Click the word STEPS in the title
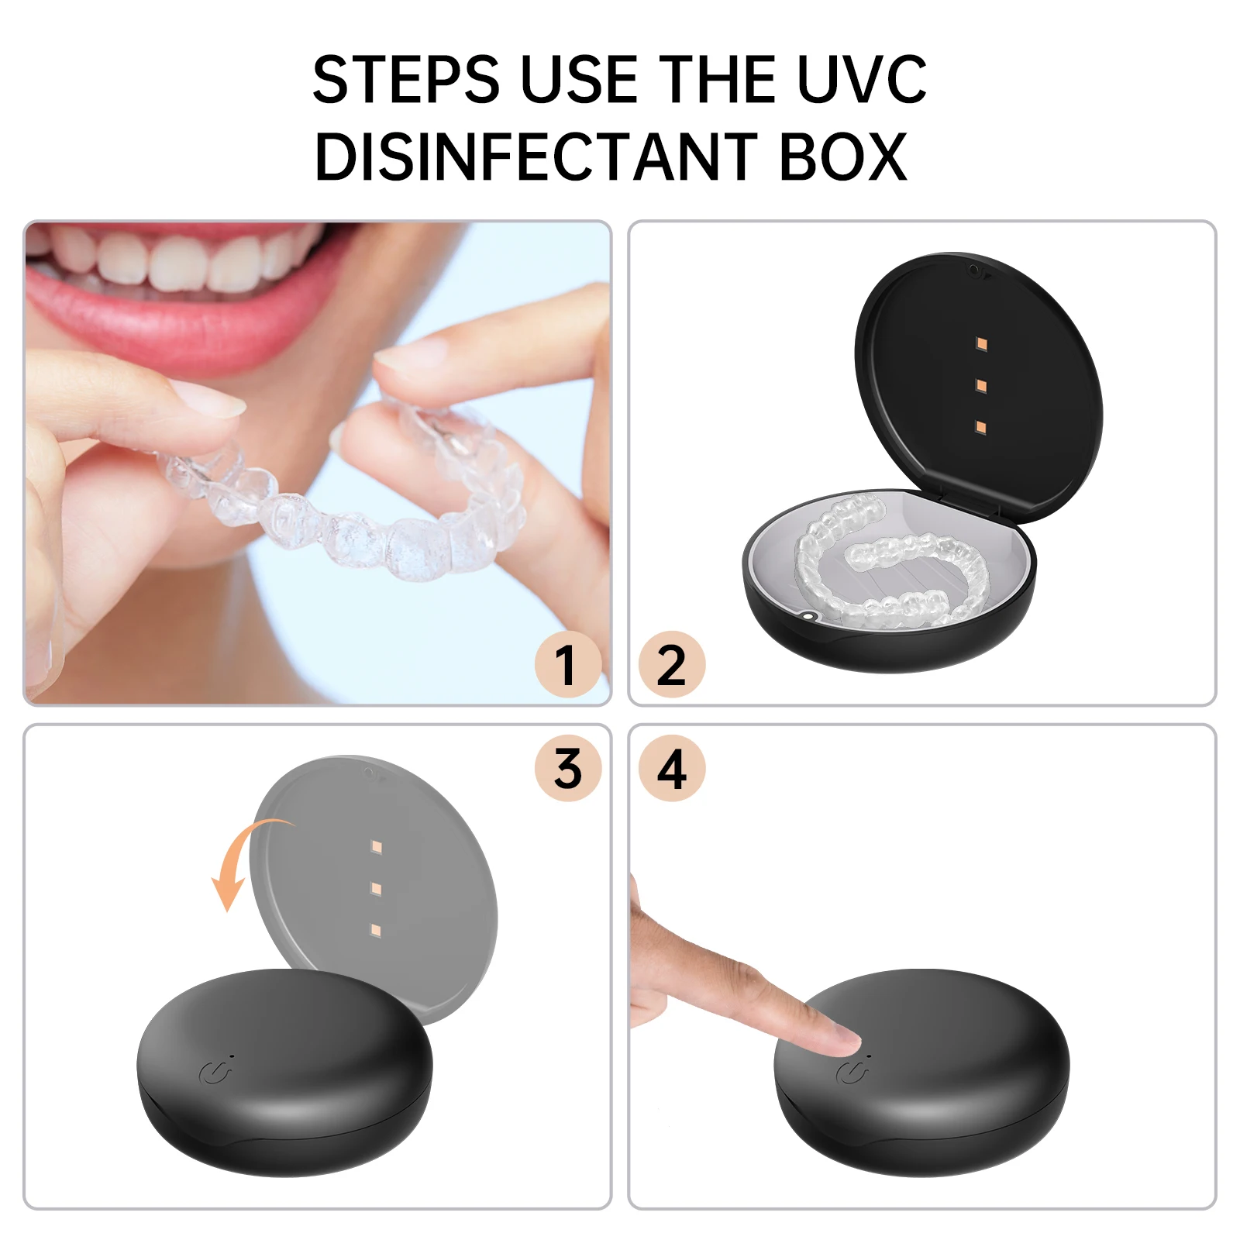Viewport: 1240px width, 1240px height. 405,80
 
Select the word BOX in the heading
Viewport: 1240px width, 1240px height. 842,157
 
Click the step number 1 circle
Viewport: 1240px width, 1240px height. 567,665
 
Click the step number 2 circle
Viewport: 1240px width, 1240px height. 671,665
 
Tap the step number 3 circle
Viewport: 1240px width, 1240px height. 567,769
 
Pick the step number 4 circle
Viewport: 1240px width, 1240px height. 671,769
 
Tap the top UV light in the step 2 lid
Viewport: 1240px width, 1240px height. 981,343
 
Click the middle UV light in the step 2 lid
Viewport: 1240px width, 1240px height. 981,385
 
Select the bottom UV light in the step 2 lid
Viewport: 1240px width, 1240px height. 981,427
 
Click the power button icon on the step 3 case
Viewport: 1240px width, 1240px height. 214,1073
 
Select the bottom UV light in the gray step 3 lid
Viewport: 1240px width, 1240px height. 377,929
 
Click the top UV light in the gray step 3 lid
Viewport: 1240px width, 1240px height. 377,847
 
